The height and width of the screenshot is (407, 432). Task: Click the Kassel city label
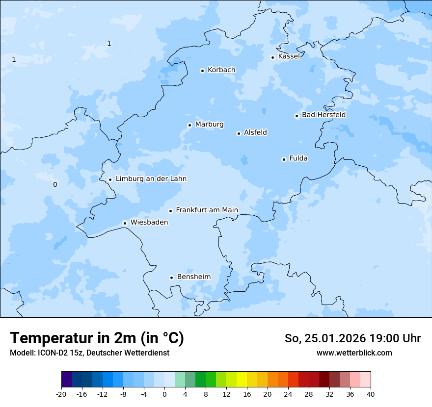[289, 56]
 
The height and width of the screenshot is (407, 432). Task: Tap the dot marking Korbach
[202, 71]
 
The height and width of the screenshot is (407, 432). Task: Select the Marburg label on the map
[209, 125]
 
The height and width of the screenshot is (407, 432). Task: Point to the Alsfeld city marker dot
[239, 133]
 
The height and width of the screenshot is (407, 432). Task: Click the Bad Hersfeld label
[324, 115]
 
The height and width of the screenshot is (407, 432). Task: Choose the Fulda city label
[298, 158]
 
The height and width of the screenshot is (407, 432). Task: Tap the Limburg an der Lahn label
[151, 179]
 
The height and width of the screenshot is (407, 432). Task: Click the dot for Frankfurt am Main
[171, 211]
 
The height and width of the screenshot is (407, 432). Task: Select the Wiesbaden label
[149, 222]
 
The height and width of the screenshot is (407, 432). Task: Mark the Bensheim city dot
[171, 278]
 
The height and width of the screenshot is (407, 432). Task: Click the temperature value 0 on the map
[55, 184]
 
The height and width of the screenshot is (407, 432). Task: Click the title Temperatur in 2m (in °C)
[97, 338]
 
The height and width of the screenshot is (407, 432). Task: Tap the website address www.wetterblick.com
[354, 353]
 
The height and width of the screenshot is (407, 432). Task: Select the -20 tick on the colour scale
[61, 394]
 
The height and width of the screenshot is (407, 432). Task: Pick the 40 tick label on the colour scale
[371, 394]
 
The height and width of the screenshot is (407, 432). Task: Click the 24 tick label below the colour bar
[288, 394]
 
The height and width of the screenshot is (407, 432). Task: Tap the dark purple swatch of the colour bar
[66, 380]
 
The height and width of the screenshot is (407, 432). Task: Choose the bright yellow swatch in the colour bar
[242, 380]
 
